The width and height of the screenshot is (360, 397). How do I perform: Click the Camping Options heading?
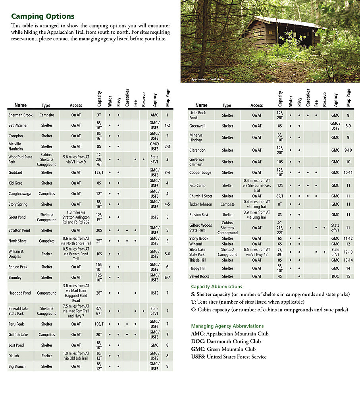[42, 16]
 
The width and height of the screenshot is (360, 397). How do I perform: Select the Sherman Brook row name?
[20, 115]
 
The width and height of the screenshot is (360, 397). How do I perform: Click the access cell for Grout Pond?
[76, 217]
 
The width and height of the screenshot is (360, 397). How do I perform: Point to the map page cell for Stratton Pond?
[167, 230]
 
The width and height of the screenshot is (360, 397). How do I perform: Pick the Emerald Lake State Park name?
[18, 311]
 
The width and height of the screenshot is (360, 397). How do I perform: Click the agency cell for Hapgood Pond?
[154, 293]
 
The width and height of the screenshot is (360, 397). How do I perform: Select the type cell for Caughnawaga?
[47, 194]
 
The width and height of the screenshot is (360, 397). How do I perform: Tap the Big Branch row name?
[17, 366]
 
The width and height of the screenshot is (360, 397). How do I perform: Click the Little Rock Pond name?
[198, 115]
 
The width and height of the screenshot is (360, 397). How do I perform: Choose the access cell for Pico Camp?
[257, 185]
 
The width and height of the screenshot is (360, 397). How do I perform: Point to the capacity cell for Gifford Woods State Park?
[280, 228]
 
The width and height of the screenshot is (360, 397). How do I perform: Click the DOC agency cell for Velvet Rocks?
[335, 276]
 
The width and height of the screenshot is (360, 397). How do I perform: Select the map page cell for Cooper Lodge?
[348, 173]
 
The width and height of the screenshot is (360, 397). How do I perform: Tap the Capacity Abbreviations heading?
[216, 286]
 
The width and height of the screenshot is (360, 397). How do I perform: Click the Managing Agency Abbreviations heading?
[227, 326]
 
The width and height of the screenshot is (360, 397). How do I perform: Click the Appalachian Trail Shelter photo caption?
[208, 79]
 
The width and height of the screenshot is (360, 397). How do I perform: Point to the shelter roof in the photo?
[286, 23]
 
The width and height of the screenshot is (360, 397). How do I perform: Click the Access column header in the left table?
[76, 105]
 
